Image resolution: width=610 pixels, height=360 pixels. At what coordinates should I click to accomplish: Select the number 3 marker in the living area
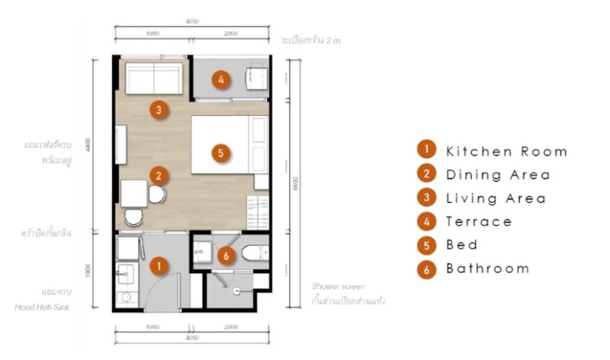click(157, 111)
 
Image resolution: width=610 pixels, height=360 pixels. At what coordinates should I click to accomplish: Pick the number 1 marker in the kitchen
click(159, 266)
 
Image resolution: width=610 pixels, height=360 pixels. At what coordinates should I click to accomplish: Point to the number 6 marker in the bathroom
click(224, 256)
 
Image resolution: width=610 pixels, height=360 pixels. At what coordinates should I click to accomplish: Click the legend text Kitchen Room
click(506, 151)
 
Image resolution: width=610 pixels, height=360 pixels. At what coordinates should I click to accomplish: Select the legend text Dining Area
click(498, 175)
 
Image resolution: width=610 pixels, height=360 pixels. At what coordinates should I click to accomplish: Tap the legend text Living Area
click(496, 198)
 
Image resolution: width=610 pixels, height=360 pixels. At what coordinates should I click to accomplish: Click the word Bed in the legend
click(462, 245)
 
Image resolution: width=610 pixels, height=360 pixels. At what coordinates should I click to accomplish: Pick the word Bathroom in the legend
click(487, 268)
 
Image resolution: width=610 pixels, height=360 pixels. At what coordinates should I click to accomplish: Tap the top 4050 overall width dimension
click(191, 21)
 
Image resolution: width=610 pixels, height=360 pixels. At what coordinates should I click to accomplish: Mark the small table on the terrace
click(252, 76)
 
